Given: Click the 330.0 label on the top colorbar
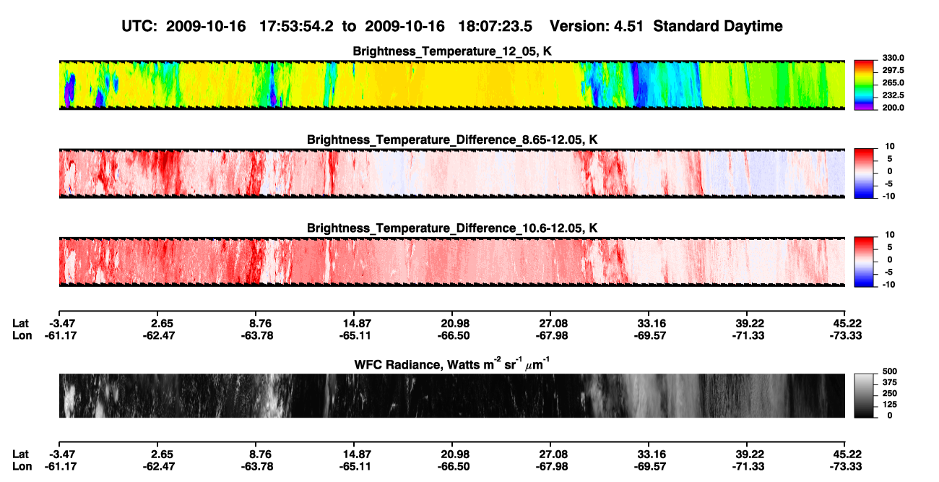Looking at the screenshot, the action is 893,58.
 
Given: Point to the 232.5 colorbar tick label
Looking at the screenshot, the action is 893,95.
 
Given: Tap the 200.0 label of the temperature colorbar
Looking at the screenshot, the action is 893,108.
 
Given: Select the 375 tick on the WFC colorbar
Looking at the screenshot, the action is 890,382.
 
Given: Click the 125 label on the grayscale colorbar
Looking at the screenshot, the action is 890,405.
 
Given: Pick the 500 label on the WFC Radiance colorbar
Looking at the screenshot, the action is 890,371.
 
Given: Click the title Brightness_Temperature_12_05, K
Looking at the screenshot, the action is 452,51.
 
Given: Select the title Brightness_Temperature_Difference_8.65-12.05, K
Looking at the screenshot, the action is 452,139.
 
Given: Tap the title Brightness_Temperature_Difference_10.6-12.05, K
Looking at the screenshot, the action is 452,228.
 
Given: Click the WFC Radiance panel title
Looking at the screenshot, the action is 452,363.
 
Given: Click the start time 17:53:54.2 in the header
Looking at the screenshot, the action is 296,27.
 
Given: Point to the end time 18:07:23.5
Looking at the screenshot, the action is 495,27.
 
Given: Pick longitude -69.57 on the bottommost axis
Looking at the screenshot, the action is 650,467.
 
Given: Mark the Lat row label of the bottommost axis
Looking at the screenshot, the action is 20,455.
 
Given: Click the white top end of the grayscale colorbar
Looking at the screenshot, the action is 864,376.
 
